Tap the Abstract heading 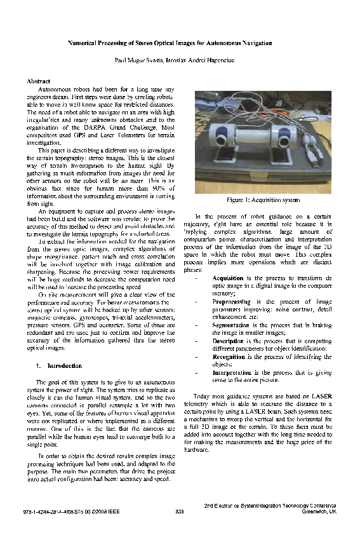tap(39, 82)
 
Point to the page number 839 tap(180, 511)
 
